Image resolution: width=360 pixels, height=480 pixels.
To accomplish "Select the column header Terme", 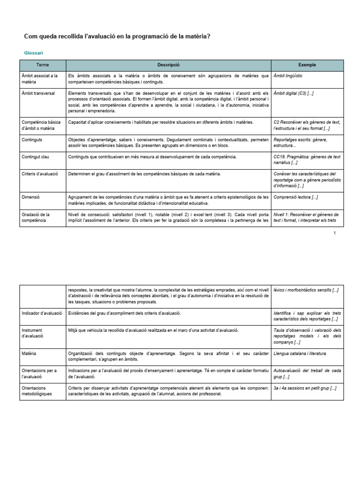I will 43,65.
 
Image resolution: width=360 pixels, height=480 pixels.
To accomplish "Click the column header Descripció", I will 168,65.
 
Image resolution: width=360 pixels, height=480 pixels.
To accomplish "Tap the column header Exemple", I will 307,65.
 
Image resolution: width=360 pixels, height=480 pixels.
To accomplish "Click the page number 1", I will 335,233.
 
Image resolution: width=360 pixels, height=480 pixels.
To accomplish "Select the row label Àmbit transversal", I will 38,93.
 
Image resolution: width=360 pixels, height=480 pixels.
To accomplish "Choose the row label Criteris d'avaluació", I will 40,174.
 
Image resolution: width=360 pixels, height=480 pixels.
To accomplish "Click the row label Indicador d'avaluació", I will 42,313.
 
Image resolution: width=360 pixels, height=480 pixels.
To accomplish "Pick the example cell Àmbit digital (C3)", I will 293,93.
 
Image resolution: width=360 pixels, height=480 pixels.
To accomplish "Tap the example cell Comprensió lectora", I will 295,197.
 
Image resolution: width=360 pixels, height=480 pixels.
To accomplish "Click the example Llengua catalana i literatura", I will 300,353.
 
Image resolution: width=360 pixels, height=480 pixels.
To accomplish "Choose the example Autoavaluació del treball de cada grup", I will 307,373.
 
